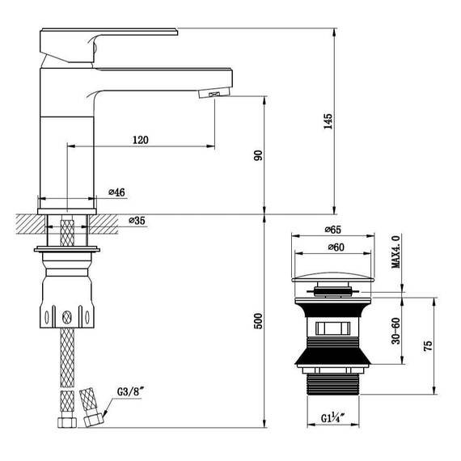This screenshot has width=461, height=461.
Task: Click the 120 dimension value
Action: [140, 140]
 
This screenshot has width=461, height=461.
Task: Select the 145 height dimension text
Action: [328, 121]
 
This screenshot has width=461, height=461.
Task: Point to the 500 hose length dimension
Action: [258, 322]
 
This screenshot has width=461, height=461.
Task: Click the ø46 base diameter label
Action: [116, 192]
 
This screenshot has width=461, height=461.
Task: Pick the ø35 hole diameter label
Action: [137, 220]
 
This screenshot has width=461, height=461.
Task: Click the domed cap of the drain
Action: [332, 275]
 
